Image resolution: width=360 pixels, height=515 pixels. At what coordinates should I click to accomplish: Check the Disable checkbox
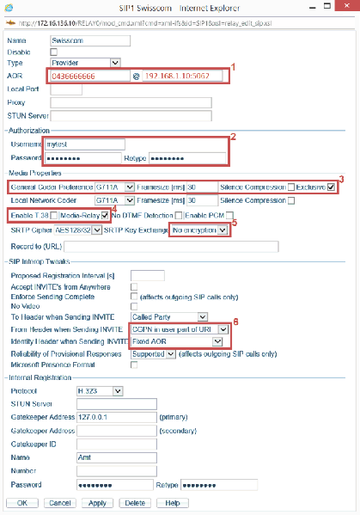[54, 52]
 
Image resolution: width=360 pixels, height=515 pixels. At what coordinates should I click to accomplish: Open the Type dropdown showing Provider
[86, 63]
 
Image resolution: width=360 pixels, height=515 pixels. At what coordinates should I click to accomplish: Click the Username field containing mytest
[88, 144]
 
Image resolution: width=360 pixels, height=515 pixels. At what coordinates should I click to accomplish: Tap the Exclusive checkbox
[330, 187]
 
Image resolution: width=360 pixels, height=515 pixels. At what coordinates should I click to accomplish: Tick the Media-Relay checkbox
[105, 215]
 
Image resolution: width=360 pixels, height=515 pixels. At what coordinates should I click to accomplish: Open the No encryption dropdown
[198, 230]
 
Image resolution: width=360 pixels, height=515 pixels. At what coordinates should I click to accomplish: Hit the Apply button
[96, 502]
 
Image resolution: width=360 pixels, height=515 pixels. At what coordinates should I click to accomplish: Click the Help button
[172, 502]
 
